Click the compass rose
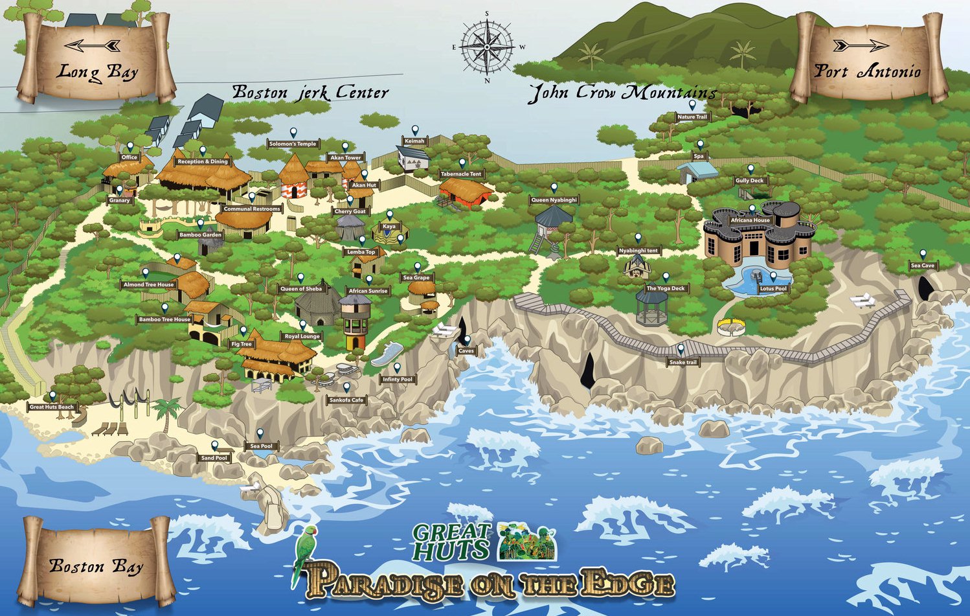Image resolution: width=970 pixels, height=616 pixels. coord(487,47)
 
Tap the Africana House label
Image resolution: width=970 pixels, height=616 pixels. coord(750,220)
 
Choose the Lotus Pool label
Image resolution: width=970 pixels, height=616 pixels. coord(773,289)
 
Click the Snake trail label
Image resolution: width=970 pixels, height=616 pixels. coord(683,363)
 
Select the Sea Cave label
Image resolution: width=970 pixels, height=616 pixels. coord(923,266)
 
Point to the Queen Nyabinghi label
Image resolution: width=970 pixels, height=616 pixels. coord(554,200)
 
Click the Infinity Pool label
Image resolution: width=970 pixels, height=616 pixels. coord(397,380)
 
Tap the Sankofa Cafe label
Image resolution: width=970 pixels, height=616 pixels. coord(346,400)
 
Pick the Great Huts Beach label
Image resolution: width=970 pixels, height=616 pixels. coord(52,407)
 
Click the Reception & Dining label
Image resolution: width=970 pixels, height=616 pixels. coord(203,161)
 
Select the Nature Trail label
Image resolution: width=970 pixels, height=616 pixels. coord(692,117)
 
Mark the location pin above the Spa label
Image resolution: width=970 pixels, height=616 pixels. coord(699,144)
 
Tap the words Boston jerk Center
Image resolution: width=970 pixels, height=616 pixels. coord(310,93)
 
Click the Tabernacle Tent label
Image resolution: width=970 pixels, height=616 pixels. coord(461,174)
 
